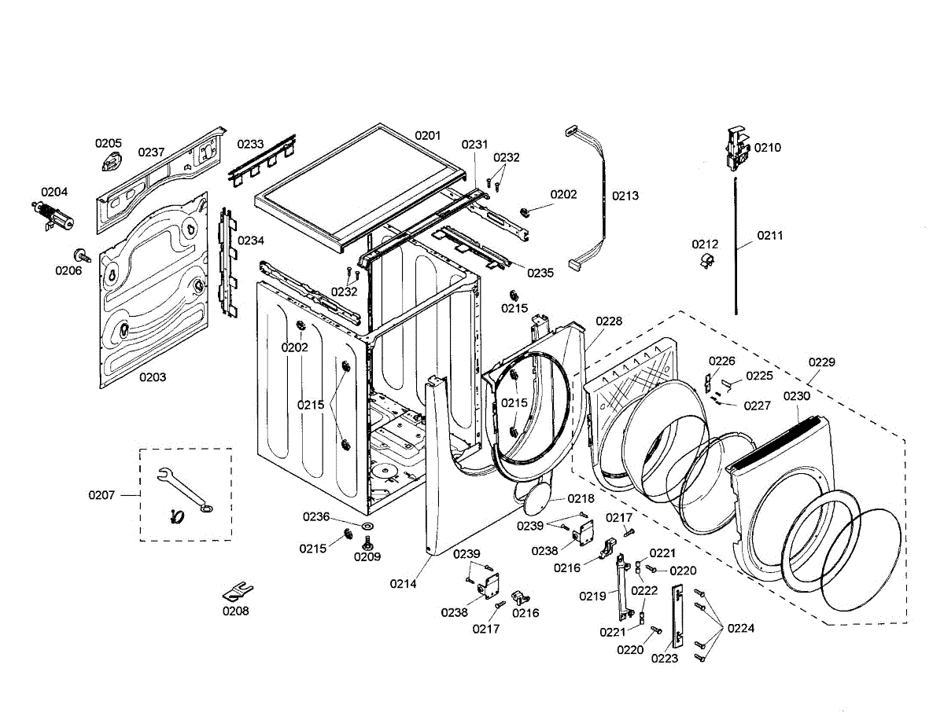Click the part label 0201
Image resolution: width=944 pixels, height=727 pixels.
[428, 135]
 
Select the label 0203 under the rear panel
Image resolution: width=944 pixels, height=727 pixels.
[153, 377]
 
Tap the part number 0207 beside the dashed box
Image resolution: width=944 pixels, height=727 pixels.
[101, 495]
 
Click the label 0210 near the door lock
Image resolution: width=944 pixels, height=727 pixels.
[768, 148]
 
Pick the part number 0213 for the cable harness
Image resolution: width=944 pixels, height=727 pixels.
[625, 196]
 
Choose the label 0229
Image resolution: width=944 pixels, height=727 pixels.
[822, 362]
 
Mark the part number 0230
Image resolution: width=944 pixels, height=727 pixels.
[796, 396]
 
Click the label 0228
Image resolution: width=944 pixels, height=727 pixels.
[609, 321]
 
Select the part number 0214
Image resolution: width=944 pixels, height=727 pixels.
[403, 583]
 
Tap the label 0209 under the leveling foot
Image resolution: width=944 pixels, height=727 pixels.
[367, 556]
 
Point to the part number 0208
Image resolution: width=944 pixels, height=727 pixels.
[235, 611]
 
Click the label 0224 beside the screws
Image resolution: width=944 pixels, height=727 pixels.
[741, 628]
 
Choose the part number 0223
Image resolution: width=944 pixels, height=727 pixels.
[664, 659]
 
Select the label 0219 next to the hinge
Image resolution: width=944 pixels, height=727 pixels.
[592, 596]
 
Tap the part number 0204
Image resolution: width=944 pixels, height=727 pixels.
[54, 192]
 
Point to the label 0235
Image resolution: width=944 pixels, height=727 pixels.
[540, 273]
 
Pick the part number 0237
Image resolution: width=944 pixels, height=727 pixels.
[152, 152]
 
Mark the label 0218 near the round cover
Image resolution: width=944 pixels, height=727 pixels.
[581, 499]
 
